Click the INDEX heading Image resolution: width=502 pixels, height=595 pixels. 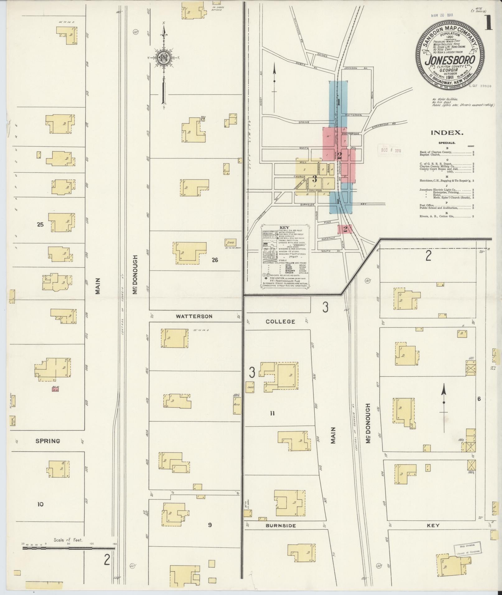[x=447, y=133]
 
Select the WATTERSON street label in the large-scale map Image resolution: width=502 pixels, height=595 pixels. [x=194, y=316]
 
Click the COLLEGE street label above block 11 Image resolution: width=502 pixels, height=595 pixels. [x=280, y=322]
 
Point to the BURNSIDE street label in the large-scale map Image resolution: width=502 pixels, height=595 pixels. [x=280, y=526]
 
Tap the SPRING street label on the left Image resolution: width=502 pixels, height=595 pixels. [x=48, y=441]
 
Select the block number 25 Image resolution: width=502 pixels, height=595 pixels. [x=40, y=224]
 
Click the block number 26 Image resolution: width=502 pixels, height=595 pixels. [x=215, y=260]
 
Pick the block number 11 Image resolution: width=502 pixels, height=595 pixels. [x=272, y=413]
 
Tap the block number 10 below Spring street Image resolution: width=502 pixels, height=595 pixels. [x=40, y=504]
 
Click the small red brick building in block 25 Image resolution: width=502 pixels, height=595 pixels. [x=55, y=389]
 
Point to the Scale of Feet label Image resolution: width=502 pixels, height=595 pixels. [x=68, y=540]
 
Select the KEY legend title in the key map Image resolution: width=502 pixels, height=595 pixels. [x=284, y=228]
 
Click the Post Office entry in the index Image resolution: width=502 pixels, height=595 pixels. [x=426, y=205]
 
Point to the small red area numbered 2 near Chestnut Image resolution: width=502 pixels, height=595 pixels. [x=345, y=230]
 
